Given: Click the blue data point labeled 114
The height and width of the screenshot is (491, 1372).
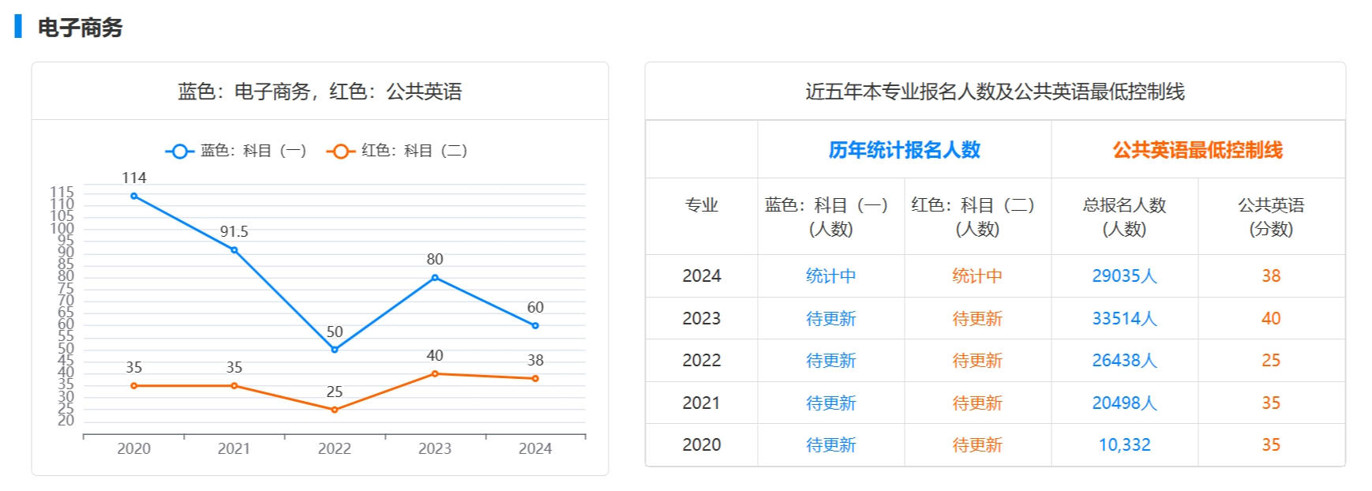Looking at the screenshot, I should (x=134, y=196).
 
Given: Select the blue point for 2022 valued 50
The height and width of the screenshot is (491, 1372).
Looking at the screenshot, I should (x=335, y=350).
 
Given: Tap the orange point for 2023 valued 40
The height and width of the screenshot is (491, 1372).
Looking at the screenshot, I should (x=435, y=373).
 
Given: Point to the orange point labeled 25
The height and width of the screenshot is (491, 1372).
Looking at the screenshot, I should (x=335, y=410).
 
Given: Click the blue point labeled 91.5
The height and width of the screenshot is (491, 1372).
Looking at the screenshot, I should (x=234, y=250).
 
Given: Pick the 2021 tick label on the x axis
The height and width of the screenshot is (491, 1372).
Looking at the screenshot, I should (x=234, y=448).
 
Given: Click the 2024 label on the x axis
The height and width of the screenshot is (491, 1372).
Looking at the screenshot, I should (x=535, y=448).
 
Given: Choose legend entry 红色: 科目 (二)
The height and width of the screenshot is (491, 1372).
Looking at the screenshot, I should (x=398, y=151).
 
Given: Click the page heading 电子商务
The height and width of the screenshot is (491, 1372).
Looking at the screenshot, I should (x=80, y=28).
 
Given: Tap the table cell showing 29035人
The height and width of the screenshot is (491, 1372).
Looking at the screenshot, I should (x=1124, y=275).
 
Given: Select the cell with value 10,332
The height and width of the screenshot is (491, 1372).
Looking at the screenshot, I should (x=1124, y=444).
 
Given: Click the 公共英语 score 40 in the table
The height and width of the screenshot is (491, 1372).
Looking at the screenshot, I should (x=1271, y=318).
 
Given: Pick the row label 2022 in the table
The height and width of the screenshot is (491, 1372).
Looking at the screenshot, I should (x=701, y=360).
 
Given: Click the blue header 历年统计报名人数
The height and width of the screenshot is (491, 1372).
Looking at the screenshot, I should (x=904, y=150).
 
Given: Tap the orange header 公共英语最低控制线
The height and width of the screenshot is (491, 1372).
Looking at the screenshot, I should (x=1198, y=150).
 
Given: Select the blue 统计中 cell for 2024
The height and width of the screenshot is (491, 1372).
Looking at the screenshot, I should (x=830, y=275).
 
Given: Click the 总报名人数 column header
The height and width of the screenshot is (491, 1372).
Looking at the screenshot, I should (x=1124, y=216).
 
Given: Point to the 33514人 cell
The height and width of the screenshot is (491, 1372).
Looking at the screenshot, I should (x=1124, y=318).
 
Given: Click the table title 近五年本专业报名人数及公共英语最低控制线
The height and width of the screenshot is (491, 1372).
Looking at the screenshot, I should (x=995, y=92).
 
